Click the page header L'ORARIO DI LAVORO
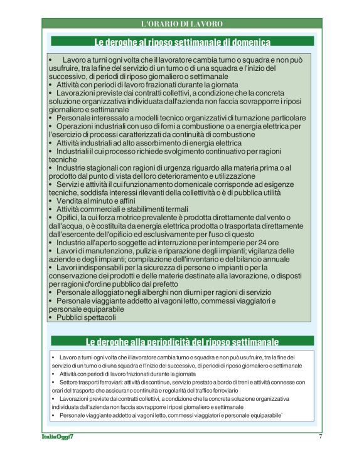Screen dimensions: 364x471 [x=182, y=24]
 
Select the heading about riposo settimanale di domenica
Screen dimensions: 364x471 [x=182, y=43]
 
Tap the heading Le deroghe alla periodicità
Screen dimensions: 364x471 [x=182, y=342]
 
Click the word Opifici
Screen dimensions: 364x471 [x=69, y=218]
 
